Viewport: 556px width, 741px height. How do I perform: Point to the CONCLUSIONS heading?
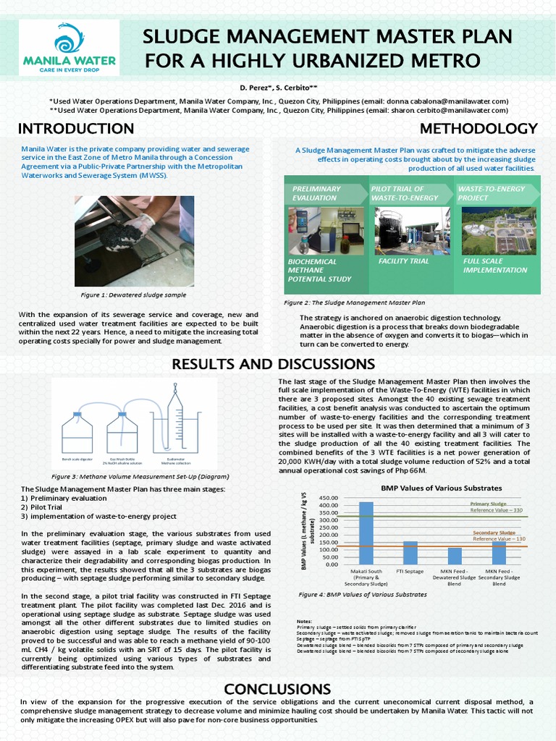pyautogui.click(x=277, y=688)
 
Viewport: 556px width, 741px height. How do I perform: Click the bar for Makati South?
pyautogui.click(x=366, y=533)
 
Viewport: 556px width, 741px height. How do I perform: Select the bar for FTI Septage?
pyautogui.click(x=410, y=553)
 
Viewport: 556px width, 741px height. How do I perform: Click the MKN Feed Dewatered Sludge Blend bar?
pyautogui.click(x=455, y=556)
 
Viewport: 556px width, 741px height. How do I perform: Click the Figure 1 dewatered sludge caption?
pyautogui.click(x=133, y=295)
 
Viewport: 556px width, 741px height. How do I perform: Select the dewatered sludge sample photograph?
pyautogui.click(x=134, y=241)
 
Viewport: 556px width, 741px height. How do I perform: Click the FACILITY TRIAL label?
pyautogui.click(x=403, y=261)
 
